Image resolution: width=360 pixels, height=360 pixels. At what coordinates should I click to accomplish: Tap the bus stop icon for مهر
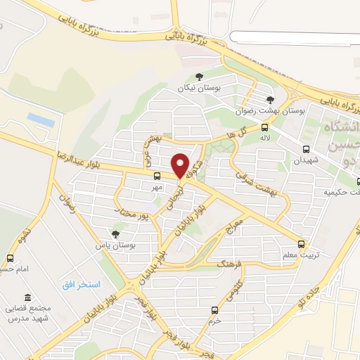156,176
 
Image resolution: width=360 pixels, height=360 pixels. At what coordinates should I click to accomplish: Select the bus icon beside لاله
264,127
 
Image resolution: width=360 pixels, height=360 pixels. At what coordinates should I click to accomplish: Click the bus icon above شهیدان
306,148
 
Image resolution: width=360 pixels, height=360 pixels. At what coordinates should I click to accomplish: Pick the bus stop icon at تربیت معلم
301,244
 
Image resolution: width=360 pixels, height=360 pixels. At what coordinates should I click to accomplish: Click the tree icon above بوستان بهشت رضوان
271,100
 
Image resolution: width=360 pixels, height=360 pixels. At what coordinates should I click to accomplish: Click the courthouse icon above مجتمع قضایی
27,297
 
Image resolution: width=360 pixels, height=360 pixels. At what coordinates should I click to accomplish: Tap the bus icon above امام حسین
10,258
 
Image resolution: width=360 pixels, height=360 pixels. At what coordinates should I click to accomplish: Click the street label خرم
214,320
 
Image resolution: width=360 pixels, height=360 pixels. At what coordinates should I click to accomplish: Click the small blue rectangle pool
41,120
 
